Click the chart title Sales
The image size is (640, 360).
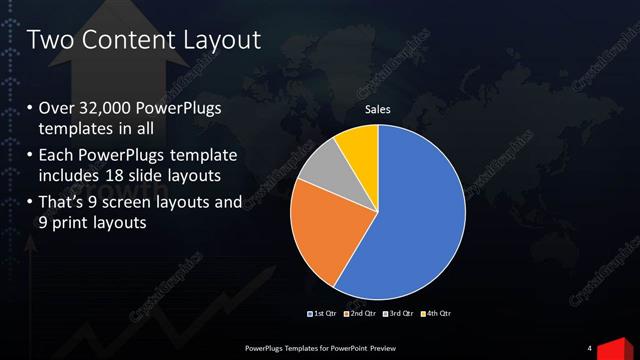tap(377, 110)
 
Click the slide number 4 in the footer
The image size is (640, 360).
tap(590, 348)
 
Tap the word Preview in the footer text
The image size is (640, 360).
tap(389, 348)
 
